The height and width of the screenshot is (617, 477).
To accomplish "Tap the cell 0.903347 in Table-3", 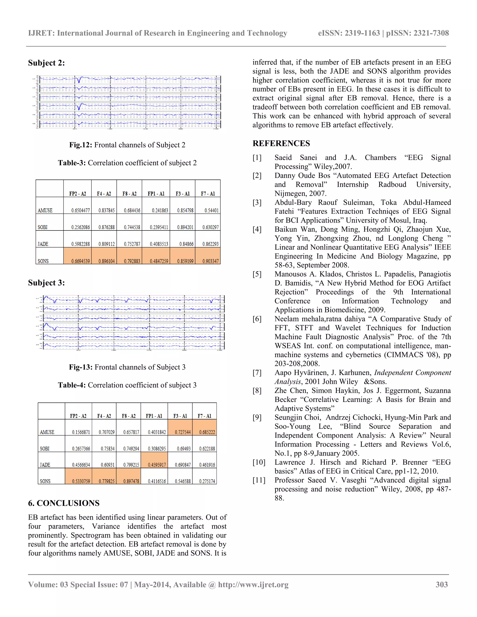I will (211, 261).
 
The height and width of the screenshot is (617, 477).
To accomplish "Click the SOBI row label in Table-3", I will (43, 227).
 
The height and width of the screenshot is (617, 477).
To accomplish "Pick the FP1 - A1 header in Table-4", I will (154, 416).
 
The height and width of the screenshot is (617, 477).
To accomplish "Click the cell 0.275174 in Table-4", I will (207, 481).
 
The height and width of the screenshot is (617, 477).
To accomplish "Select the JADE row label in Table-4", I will (45, 465).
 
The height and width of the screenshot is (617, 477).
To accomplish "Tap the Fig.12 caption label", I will (81, 145).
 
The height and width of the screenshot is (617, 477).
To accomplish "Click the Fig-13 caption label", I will (81, 367).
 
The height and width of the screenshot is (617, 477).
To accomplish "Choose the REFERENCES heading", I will (281, 143).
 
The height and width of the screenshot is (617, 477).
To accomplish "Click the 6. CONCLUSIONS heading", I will (64, 503).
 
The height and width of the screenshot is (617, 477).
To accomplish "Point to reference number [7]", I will (257, 373).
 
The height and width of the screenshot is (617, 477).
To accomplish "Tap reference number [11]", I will (259, 480).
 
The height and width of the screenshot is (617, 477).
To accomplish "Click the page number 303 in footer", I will (442, 584).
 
